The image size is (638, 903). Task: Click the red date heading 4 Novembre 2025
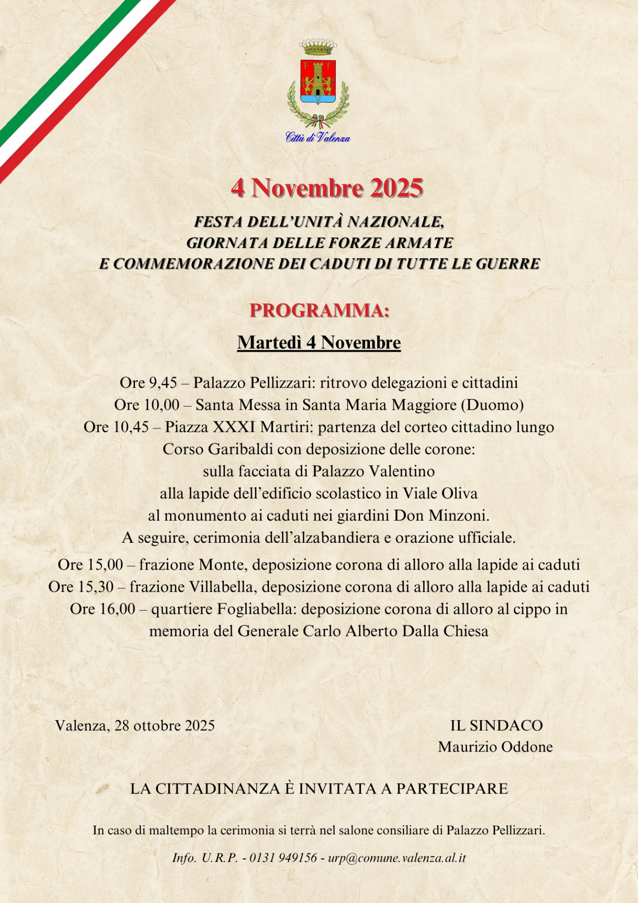tap(327, 188)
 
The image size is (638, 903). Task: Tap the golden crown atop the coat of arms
tap(318, 47)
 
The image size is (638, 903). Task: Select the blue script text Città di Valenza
tap(318, 137)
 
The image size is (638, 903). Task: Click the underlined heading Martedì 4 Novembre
tap(319, 343)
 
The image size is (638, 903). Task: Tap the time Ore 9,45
tap(148, 383)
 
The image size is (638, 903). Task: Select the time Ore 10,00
tap(147, 405)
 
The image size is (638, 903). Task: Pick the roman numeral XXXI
tap(234, 427)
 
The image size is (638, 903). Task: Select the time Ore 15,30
tap(87, 587)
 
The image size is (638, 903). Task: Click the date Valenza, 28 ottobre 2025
tap(135, 725)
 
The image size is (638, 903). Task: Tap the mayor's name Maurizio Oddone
tap(495, 747)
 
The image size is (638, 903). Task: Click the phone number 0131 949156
tap(283, 858)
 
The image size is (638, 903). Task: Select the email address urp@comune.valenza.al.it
tap(397, 858)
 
